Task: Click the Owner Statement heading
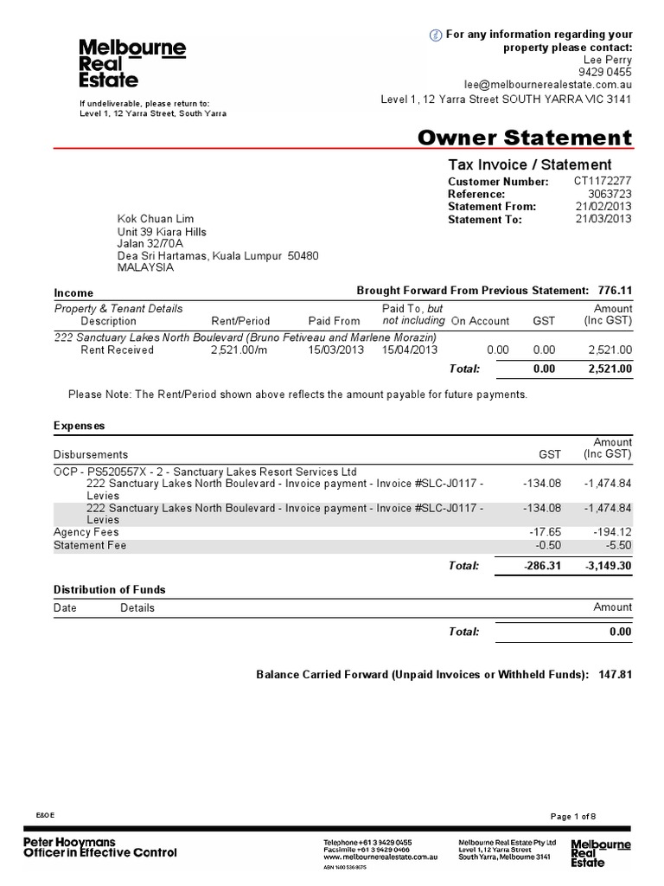click(x=524, y=138)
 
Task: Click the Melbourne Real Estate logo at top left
click(x=131, y=63)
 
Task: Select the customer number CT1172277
click(x=603, y=182)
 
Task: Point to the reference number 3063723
click(x=610, y=194)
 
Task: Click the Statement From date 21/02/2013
click(x=603, y=207)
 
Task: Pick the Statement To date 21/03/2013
click(x=603, y=219)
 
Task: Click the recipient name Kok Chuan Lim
click(x=156, y=219)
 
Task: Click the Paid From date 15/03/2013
click(x=336, y=350)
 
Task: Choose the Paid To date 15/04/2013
click(x=410, y=350)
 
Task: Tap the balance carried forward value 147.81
click(x=615, y=674)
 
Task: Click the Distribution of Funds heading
click(x=110, y=590)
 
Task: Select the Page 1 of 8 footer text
click(x=573, y=816)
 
